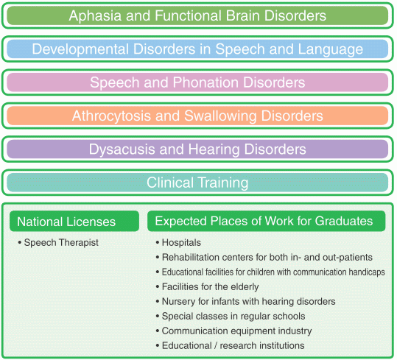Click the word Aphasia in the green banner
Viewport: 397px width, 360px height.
click(95, 15)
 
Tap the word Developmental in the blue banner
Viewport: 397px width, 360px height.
click(80, 49)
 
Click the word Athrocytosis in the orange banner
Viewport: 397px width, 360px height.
click(111, 116)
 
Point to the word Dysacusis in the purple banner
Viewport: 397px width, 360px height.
click(122, 149)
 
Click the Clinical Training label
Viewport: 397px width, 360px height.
click(197, 183)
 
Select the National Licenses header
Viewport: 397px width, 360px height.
click(66, 222)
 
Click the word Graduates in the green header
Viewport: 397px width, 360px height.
click(344, 221)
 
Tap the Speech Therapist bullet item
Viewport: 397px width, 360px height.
click(61, 243)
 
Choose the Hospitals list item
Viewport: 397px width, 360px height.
click(181, 243)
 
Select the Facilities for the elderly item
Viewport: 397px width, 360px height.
click(210, 287)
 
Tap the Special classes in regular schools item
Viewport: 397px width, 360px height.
click(233, 317)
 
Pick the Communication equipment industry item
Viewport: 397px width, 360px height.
click(236, 331)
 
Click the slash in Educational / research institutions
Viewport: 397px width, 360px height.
click(216, 345)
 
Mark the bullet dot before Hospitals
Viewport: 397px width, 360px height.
click(158, 243)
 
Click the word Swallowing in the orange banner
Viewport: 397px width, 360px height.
click(220, 116)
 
